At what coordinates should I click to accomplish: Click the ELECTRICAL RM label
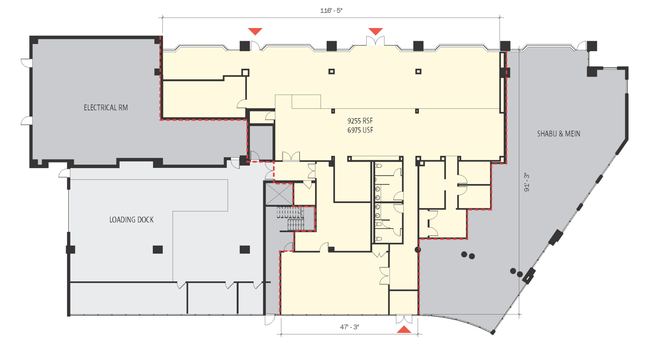pos(106,107)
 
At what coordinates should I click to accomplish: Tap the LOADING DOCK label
pos(131,220)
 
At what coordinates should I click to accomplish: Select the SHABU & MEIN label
pos(559,134)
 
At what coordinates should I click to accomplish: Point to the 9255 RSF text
pos(360,121)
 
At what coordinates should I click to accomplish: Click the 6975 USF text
pos(360,130)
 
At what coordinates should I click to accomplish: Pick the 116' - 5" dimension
pos(331,11)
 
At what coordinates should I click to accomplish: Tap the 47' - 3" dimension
pos(349,327)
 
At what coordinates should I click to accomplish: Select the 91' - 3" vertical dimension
pos(527,182)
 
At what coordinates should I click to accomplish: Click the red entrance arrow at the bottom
pos(404,329)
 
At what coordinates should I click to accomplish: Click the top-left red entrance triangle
pos(255,31)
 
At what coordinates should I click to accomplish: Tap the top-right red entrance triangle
pos(375,31)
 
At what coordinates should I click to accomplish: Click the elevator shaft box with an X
pos(279,194)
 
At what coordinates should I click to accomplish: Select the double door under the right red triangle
pos(375,41)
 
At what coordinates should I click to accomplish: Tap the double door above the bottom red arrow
pos(404,319)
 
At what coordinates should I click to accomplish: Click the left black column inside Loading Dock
pos(158,250)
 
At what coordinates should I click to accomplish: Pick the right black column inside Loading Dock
pos(245,250)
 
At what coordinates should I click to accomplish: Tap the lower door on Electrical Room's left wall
pos(26,121)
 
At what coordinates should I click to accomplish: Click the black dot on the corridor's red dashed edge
pos(418,250)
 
